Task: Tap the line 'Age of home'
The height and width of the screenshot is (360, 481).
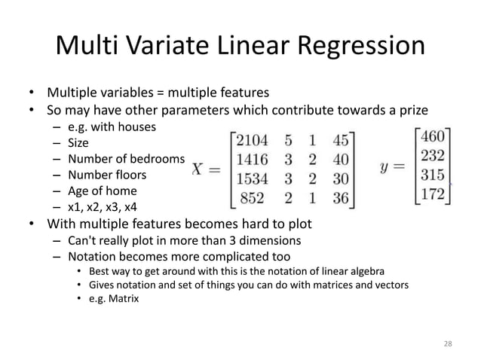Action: pyautogui.click(x=100, y=191)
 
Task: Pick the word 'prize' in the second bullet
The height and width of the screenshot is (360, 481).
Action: pyautogui.click(x=412, y=110)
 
